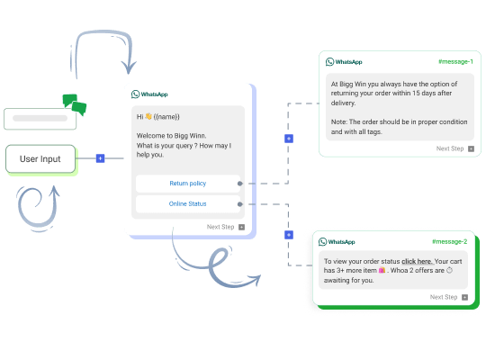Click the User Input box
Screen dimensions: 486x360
click(x=40, y=158)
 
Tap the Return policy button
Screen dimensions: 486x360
click(x=188, y=184)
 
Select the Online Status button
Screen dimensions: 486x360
click(x=188, y=204)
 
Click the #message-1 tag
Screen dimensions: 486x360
click(x=455, y=62)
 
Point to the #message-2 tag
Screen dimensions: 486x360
click(x=449, y=241)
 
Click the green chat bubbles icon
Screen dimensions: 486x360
click(x=75, y=104)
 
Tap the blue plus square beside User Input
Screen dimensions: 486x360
click(x=100, y=158)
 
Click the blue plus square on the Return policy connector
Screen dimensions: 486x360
click(x=289, y=139)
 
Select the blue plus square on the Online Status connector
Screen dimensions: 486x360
click(x=289, y=235)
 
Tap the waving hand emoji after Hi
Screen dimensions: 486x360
click(x=148, y=116)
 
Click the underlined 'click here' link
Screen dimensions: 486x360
click(x=418, y=261)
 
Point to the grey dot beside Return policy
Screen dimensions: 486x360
click(x=240, y=184)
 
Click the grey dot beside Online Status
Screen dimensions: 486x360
click(x=240, y=204)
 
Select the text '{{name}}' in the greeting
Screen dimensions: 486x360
click(x=166, y=117)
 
